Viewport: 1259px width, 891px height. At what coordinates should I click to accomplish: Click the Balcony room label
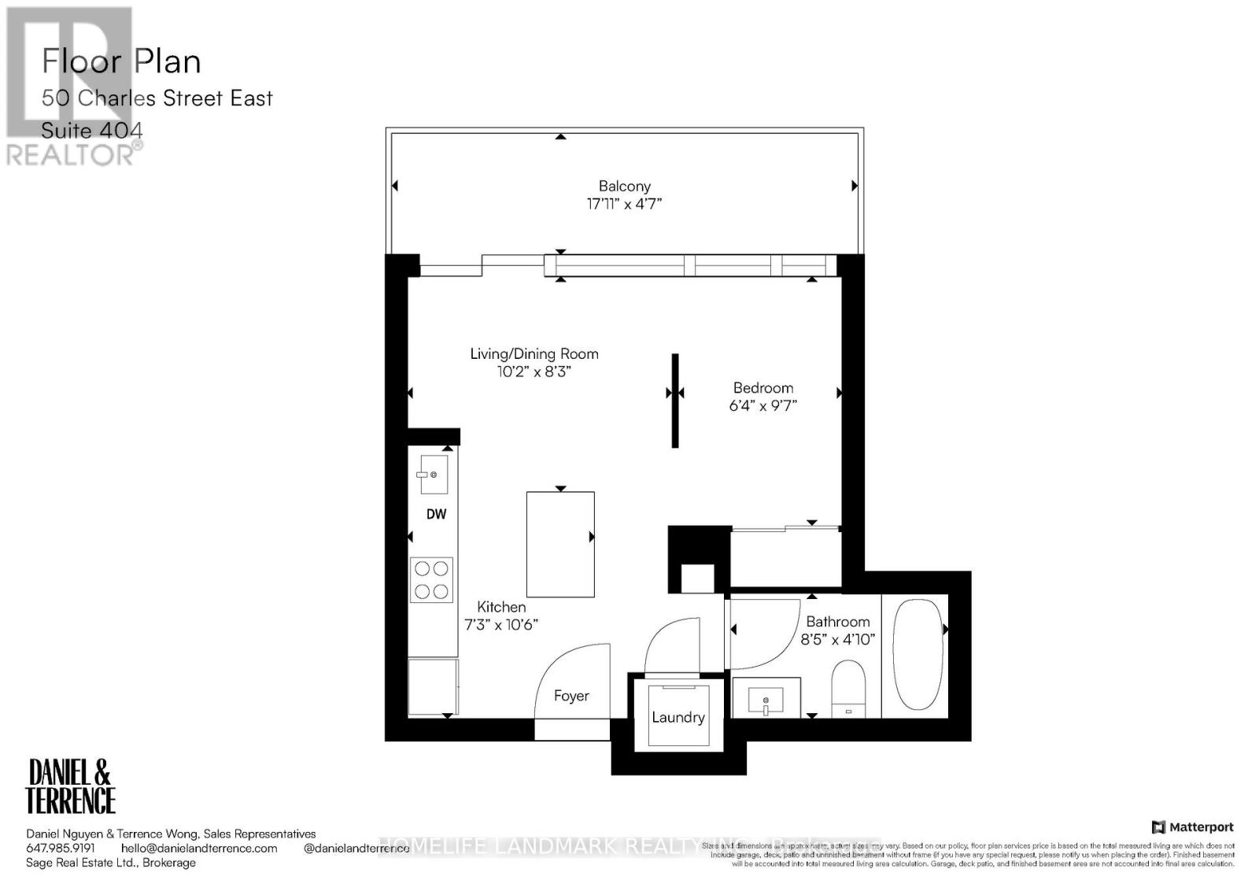pos(624,187)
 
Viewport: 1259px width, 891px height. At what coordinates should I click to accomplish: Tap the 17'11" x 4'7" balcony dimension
pos(624,204)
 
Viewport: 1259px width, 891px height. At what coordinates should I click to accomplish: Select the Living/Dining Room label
pos(534,354)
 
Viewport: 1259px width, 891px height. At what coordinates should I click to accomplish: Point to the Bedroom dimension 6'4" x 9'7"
pos(762,406)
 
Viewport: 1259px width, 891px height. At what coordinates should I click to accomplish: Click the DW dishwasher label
pos(436,514)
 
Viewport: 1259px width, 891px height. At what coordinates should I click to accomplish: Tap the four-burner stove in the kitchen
pos(431,580)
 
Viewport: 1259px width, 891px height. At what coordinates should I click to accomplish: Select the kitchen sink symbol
pos(433,475)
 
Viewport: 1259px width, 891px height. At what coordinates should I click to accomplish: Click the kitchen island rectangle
pos(559,544)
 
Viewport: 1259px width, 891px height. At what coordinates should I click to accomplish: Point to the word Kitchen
pos(501,607)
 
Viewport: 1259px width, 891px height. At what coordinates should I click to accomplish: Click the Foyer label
pos(571,696)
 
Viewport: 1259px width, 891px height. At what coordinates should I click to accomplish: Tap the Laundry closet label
pos(677,717)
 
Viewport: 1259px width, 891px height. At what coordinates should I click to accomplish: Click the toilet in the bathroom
pos(847,687)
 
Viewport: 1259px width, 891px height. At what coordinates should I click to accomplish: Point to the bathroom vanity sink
pos(766,699)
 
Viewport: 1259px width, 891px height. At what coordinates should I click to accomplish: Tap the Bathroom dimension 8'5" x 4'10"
pos(837,640)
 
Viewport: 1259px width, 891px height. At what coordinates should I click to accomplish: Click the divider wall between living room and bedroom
pos(675,401)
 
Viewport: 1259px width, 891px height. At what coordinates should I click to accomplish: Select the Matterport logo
pos(1192,826)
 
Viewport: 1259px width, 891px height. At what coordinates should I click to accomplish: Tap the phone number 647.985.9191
pos(61,848)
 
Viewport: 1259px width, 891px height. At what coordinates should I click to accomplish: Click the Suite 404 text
pos(92,130)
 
